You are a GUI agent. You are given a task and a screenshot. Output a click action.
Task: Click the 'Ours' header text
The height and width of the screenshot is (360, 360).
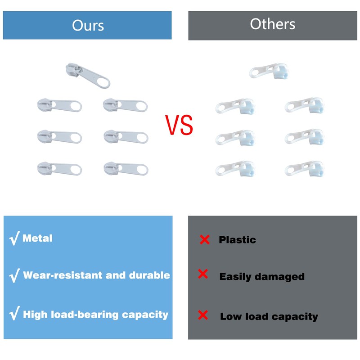click(88, 25)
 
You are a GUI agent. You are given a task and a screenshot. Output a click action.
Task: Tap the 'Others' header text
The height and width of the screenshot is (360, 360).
click(273, 24)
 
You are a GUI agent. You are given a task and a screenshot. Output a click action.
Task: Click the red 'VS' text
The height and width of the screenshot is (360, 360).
click(179, 126)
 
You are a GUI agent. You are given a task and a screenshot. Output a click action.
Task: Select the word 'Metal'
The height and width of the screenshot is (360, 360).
click(37, 238)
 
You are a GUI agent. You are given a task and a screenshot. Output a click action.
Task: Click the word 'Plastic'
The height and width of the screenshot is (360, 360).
click(237, 240)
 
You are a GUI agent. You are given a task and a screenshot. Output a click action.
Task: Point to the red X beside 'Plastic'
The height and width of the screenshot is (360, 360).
click(204, 240)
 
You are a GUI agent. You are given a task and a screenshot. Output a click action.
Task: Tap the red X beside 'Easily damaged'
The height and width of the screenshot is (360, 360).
click(203, 274)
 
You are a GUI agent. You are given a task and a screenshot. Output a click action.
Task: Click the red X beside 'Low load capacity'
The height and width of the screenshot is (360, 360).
click(203, 315)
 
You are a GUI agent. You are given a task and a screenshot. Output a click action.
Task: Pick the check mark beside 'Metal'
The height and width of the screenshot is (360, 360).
click(14, 238)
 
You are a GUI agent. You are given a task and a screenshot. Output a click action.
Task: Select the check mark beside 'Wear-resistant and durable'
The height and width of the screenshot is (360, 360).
click(14, 275)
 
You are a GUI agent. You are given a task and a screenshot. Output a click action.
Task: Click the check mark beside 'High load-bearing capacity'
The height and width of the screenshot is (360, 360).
click(14, 314)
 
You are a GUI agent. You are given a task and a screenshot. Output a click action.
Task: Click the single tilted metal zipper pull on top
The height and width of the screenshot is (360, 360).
click(87, 74)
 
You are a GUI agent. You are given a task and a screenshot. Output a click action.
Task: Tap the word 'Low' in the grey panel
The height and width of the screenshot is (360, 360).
click(230, 316)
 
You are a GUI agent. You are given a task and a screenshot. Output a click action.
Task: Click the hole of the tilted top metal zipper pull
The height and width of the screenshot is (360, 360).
click(103, 82)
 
